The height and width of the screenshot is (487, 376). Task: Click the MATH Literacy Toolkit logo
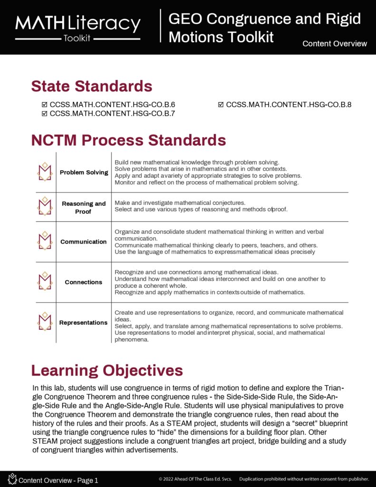(x=78, y=27)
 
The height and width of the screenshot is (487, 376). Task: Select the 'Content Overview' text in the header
(x=335, y=44)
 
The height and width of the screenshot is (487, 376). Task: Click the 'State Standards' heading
(x=92, y=86)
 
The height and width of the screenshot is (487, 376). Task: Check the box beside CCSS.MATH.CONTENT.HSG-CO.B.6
(x=45, y=105)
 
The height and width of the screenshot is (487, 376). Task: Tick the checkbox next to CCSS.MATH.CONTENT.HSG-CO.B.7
(x=45, y=113)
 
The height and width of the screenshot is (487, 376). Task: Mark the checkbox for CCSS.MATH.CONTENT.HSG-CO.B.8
(x=221, y=105)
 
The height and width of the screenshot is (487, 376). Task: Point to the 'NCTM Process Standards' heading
(x=128, y=140)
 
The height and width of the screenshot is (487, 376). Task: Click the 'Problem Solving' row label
(x=84, y=172)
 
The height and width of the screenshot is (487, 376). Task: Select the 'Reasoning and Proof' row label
(x=84, y=207)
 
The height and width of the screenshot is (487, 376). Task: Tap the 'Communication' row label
(x=83, y=242)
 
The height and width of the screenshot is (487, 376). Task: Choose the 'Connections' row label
(x=83, y=282)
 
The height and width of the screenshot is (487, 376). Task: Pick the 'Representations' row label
(x=83, y=322)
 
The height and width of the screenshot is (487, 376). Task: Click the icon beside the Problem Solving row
(x=45, y=172)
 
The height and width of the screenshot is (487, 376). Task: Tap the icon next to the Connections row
(x=45, y=282)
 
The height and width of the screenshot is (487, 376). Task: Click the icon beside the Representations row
(x=45, y=322)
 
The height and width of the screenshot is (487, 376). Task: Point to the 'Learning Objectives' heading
(x=107, y=370)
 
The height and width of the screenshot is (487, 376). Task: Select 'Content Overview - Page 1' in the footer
(x=58, y=480)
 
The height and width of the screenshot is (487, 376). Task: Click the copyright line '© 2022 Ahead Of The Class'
(x=195, y=479)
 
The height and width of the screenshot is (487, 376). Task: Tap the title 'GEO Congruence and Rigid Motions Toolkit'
(x=264, y=28)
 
